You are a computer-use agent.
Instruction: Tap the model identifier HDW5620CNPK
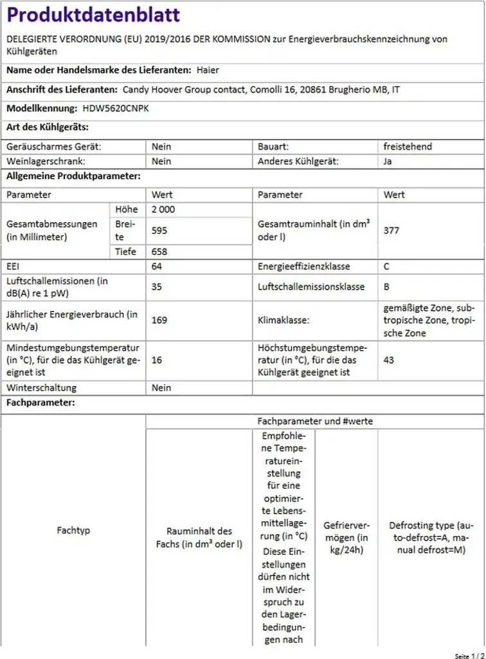pyautogui.click(x=116, y=109)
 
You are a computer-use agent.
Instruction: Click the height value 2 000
pyautogui.click(x=163, y=209)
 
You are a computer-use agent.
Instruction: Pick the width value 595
pyautogui.click(x=159, y=230)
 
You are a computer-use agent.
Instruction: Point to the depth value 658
pyautogui.click(x=159, y=252)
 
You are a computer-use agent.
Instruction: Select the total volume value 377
pyautogui.click(x=392, y=230)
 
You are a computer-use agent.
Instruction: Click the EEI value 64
pyautogui.click(x=157, y=266)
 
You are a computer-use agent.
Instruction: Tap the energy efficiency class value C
pyautogui.click(x=387, y=266)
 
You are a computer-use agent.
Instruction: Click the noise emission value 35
pyautogui.click(x=157, y=286)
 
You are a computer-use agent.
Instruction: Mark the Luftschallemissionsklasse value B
pyautogui.click(x=387, y=286)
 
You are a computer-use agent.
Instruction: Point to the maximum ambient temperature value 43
pyautogui.click(x=389, y=360)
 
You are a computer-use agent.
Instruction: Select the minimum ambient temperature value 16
pyautogui.click(x=157, y=360)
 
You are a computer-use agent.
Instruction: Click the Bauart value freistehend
pyautogui.click(x=408, y=147)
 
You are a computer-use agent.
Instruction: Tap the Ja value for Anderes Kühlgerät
pyautogui.click(x=388, y=161)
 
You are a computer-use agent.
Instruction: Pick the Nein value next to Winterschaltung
pyautogui.click(x=161, y=387)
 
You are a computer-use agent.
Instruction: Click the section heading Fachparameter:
pyautogui.click(x=40, y=403)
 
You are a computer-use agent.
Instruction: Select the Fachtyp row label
pyautogui.click(x=73, y=530)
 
